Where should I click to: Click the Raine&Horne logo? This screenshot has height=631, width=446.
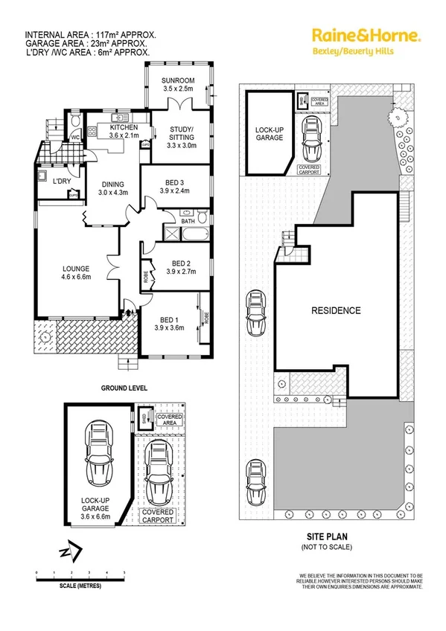366,35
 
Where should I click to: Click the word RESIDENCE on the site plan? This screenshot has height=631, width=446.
336,311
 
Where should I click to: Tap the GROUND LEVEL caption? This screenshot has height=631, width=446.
124,388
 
